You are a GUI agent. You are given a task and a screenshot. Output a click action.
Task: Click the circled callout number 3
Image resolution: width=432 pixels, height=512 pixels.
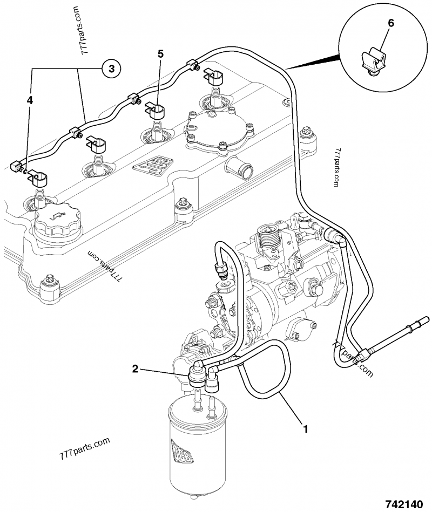[x=111, y=68]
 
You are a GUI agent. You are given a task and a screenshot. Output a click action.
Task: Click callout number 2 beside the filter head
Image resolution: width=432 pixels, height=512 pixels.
[x=136, y=369]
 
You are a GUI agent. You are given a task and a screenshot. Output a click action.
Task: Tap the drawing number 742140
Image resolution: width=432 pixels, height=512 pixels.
[x=402, y=504]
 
